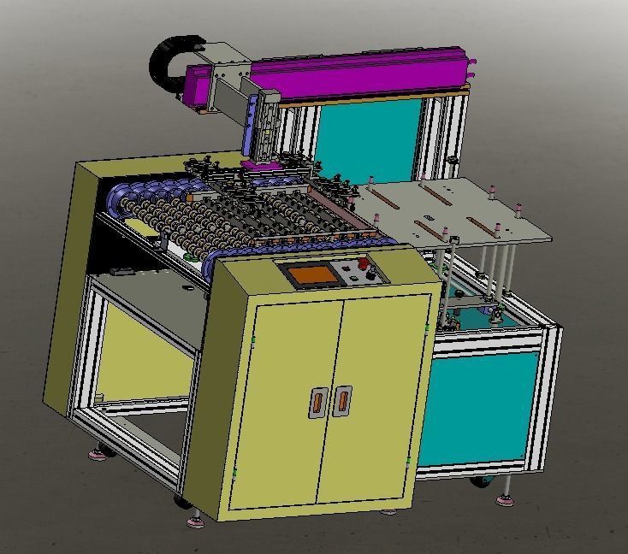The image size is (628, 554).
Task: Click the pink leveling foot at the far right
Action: [x=507, y=498]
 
